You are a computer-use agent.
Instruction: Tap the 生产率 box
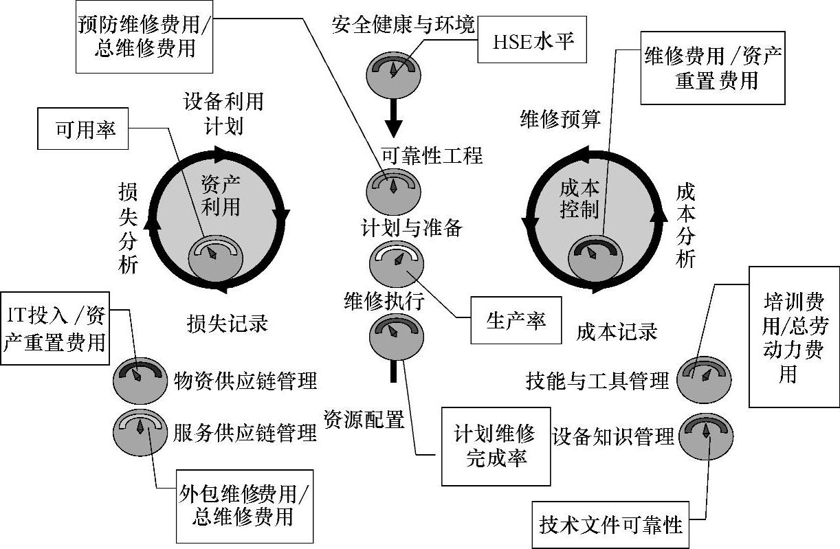tap(516, 320)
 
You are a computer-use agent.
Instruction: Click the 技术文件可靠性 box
tap(610, 526)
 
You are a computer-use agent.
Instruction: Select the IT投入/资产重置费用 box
tap(56, 330)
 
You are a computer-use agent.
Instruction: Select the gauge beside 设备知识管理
tap(706, 435)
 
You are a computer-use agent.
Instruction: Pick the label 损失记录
tap(227, 322)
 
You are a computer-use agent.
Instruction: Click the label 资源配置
tap(364, 418)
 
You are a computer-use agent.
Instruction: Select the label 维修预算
tap(560, 119)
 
